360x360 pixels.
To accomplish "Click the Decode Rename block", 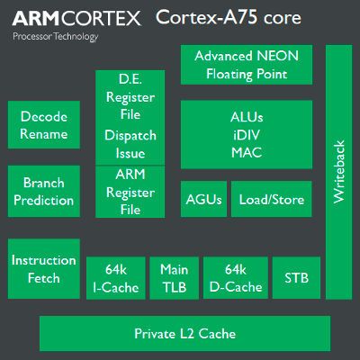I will [44, 125].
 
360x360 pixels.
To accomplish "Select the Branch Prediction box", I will [44, 190].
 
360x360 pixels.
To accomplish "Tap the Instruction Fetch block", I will [44, 268].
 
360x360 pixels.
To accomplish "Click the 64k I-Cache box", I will [115, 278].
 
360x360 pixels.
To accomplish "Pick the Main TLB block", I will [174, 278].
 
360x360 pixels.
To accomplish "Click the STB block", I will [296, 278].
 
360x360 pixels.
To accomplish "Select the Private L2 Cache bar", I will [184, 334].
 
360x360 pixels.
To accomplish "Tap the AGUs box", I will [203, 200].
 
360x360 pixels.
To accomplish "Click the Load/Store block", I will [272, 200].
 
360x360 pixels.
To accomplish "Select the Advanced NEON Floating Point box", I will [247, 64].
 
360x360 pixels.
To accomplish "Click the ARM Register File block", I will [130, 192].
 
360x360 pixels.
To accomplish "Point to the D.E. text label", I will [130, 81].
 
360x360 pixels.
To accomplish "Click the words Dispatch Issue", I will [130, 145].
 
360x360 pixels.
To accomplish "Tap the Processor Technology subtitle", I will [54, 37].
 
